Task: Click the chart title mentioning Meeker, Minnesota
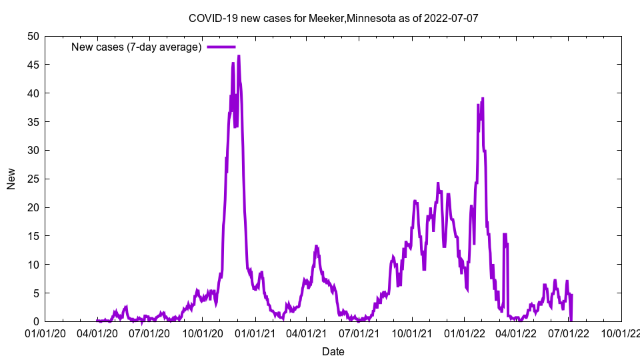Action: pos(333,18)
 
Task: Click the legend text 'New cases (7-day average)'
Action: pos(136,47)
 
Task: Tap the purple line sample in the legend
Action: pos(221,47)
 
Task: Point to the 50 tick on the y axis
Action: pos(33,36)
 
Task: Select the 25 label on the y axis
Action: pos(33,179)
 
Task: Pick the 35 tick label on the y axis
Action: pos(33,122)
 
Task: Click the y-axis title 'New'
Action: pos(11,179)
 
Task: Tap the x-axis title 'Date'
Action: pos(333,351)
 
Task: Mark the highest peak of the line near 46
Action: pos(239,57)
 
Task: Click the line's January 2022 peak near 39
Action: pos(483,99)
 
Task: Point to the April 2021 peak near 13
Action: pos(316,246)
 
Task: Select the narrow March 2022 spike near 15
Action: pos(505,235)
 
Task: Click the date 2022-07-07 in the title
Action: pos(451,18)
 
